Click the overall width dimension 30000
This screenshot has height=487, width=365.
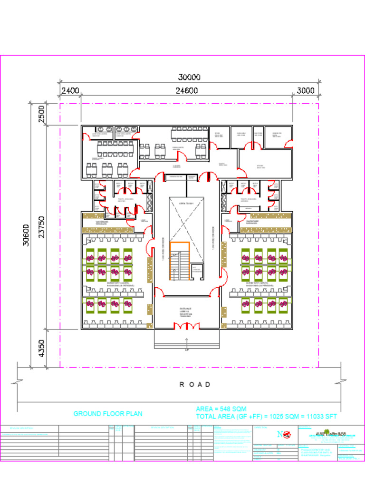click(x=189, y=77)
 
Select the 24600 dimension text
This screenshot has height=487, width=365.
click(x=186, y=91)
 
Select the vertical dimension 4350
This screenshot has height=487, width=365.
click(x=41, y=348)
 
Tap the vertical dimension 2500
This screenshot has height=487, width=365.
click(x=41, y=114)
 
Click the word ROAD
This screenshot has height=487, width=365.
click(x=195, y=384)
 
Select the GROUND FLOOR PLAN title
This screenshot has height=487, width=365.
click(x=107, y=414)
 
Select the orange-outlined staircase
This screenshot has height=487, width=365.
click(x=180, y=260)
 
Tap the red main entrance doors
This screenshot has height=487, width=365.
click(x=186, y=326)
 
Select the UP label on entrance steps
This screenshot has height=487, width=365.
click(x=187, y=350)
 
